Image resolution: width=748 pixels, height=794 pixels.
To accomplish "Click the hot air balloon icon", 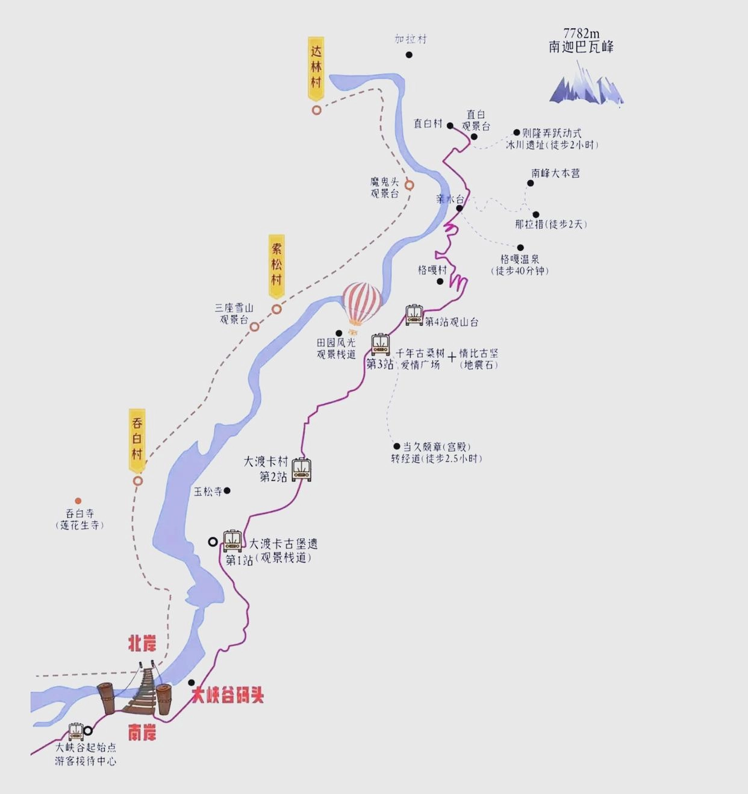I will (x=361, y=304).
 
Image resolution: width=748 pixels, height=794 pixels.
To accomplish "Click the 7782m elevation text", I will (x=581, y=34).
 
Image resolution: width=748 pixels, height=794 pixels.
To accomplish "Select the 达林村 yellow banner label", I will (x=316, y=67).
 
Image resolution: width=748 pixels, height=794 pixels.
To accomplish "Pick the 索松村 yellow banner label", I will (x=276, y=265).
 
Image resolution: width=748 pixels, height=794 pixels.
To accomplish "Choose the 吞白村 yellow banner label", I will (x=137, y=439).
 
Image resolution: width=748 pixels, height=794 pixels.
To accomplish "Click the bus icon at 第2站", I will (x=302, y=469).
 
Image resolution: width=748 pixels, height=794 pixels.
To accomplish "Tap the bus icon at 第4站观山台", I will (x=414, y=315).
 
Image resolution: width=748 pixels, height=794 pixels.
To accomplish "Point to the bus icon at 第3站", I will (x=380, y=344).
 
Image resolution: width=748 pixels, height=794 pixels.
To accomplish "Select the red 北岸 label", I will (x=142, y=643).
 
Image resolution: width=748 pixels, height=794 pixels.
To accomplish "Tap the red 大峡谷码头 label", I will (x=228, y=696).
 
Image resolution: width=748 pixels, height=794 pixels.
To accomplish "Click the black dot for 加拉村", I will (x=409, y=55).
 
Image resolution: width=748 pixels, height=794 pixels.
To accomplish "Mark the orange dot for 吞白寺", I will (x=78, y=501).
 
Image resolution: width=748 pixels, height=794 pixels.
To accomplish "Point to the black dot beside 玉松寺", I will (x=227, y=491).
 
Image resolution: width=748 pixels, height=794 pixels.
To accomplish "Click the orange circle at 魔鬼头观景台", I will (x=409, y=185).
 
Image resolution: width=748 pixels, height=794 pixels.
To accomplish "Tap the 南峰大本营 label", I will (x=555, y=173).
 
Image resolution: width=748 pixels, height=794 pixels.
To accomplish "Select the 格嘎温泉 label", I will (x=520, y=259).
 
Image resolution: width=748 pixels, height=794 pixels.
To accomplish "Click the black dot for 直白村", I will (x=450, y=126).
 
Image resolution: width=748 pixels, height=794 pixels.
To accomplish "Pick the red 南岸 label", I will (x=142, y=733).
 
